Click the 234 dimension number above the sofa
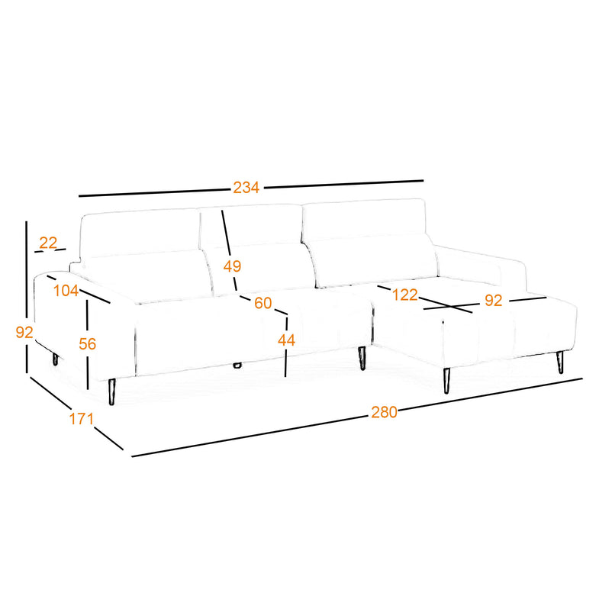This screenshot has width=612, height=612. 246,188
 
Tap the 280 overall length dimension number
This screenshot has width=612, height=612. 384,412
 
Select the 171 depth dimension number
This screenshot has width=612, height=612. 82,419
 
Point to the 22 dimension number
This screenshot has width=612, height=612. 48,243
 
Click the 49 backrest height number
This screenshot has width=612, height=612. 232,266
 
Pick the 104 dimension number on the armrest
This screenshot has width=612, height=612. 66,291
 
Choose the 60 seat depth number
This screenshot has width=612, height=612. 263,303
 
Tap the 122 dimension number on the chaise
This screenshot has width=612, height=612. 404,295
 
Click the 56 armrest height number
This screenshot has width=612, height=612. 88,344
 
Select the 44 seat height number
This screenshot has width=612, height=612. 286,340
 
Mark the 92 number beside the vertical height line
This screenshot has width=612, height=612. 24,332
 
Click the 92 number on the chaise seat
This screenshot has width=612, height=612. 494,300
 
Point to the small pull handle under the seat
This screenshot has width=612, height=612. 237,366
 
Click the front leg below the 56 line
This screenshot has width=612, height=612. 112,391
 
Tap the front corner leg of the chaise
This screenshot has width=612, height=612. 446,381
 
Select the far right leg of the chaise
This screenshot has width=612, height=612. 560,362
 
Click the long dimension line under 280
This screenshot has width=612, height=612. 357,417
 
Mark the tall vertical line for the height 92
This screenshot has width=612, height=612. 27,297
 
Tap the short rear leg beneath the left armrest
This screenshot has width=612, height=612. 55,359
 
